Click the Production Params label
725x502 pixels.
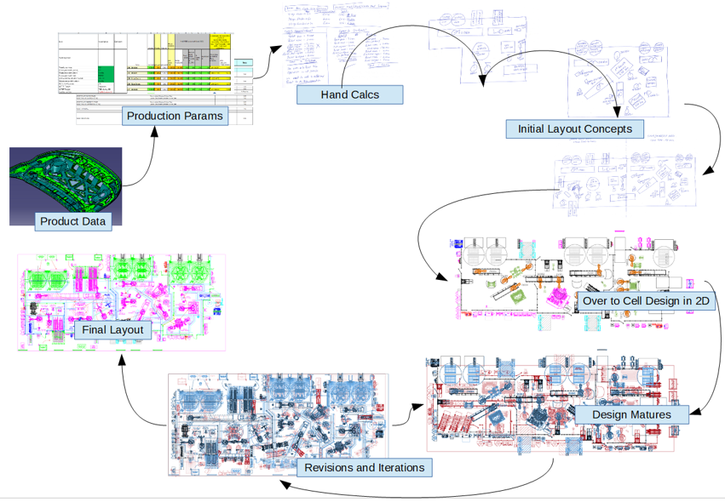[175, 116]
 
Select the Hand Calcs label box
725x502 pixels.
[349, 94]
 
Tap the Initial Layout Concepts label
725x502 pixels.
[574, 129]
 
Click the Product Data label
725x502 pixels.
[73, 222]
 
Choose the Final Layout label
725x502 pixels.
[112, 329]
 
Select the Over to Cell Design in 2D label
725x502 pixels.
[646, 300]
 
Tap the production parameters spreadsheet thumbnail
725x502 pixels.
[153, 72]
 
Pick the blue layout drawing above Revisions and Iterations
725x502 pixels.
[278, 417]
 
